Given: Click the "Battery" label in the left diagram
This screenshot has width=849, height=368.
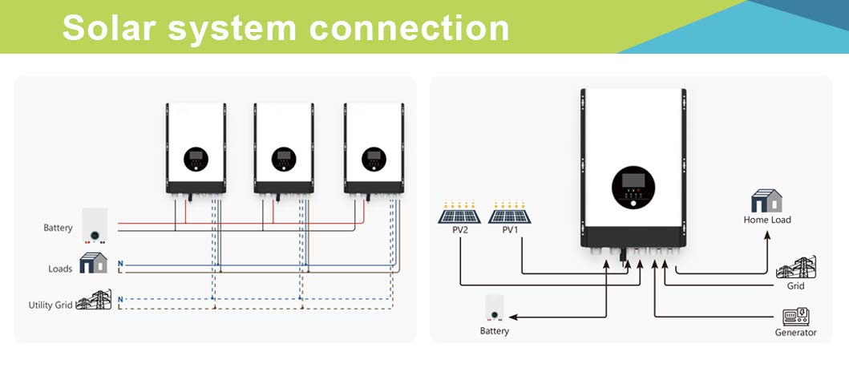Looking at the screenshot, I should click(x=58, y=228).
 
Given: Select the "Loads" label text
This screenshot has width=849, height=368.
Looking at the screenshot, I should click(x=60, y=269).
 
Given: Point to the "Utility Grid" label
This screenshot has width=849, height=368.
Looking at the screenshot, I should click(x=50, y=305).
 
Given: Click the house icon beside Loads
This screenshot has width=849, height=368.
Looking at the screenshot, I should click(x=93, y=263).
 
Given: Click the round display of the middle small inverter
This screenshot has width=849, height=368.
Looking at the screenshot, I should click(x=283, y=159).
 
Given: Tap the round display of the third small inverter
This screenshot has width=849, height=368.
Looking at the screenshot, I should click(x=373, y=159).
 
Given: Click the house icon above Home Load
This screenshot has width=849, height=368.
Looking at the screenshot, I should click(x=766, y=200).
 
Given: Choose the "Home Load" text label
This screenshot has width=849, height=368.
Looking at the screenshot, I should click(x=767, y=220).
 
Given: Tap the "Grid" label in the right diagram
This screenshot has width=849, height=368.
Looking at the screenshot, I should click(x=795, y=286).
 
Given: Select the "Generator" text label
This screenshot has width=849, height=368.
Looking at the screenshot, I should click(x=795, y=333).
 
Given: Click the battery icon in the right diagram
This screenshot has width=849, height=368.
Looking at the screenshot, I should click(x=495, y=307).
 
